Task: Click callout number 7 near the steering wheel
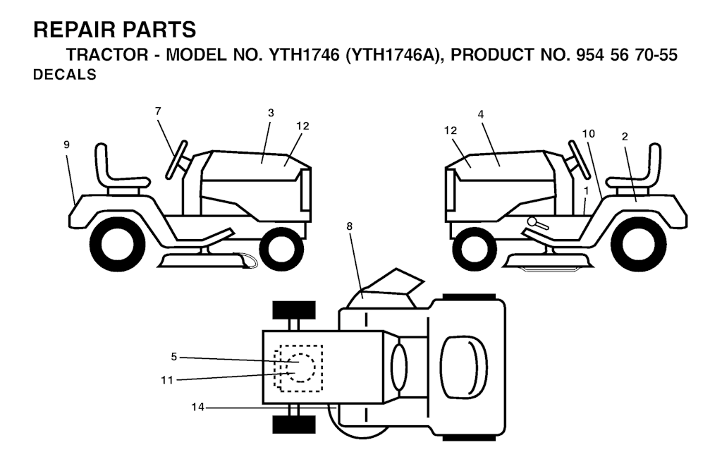[158, 111]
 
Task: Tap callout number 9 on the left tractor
[67, 145]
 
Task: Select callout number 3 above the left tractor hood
[271, 113]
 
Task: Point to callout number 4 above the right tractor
[481, 114]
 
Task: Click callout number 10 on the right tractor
[589, 133]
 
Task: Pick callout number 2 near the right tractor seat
[625, 136]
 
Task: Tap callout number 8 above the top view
[350, 226]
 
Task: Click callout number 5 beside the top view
[173, 356]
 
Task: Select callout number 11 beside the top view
[167, 380]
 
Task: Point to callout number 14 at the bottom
[197, 407]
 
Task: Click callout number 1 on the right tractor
[586, 190]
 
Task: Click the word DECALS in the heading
[64, 75]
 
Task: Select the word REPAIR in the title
[66, 30]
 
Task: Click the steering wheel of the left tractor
[176, 159]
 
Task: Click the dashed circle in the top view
[299, 367]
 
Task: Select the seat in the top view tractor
[463, 367]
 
